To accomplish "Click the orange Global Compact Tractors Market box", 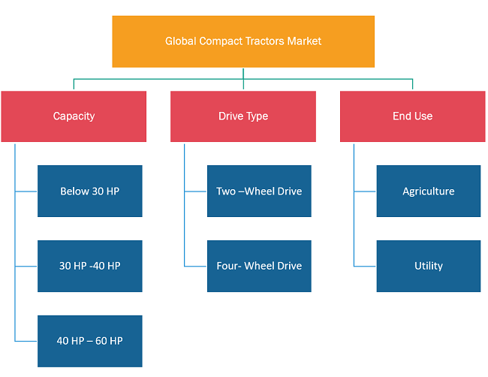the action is pyautogui.click(x=243, y=41).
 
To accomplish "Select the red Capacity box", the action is pyautogui.click(x=74, y=116).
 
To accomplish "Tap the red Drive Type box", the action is pyautogui.click(x=243, y=116).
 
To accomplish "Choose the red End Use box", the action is pyautogui.click(x=413, y=116).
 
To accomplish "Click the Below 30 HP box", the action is pyautogui.click(x=90, y=192).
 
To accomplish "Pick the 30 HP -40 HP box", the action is pyautogui.click(x=90, y=266).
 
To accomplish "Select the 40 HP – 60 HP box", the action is pyautogui.click(x=90, y=341).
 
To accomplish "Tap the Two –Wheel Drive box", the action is pyautogui.click(x=259, y=192).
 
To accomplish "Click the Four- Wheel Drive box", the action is pyautogui.click(x=259, y=266).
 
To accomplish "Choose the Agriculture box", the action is pyautogui.click(x=429, y=192).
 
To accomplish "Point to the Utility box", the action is pyautogui.click(x=429, y=266).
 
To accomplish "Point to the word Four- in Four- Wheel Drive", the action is pyautogui.click(x=229, y=266).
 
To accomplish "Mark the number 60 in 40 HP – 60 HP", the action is pyautogui.click(x=101, y=341).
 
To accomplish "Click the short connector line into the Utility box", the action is pyautogui.click(x=365, y=267).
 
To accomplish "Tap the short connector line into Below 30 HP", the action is pyautogui.click(x=26, y=192).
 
